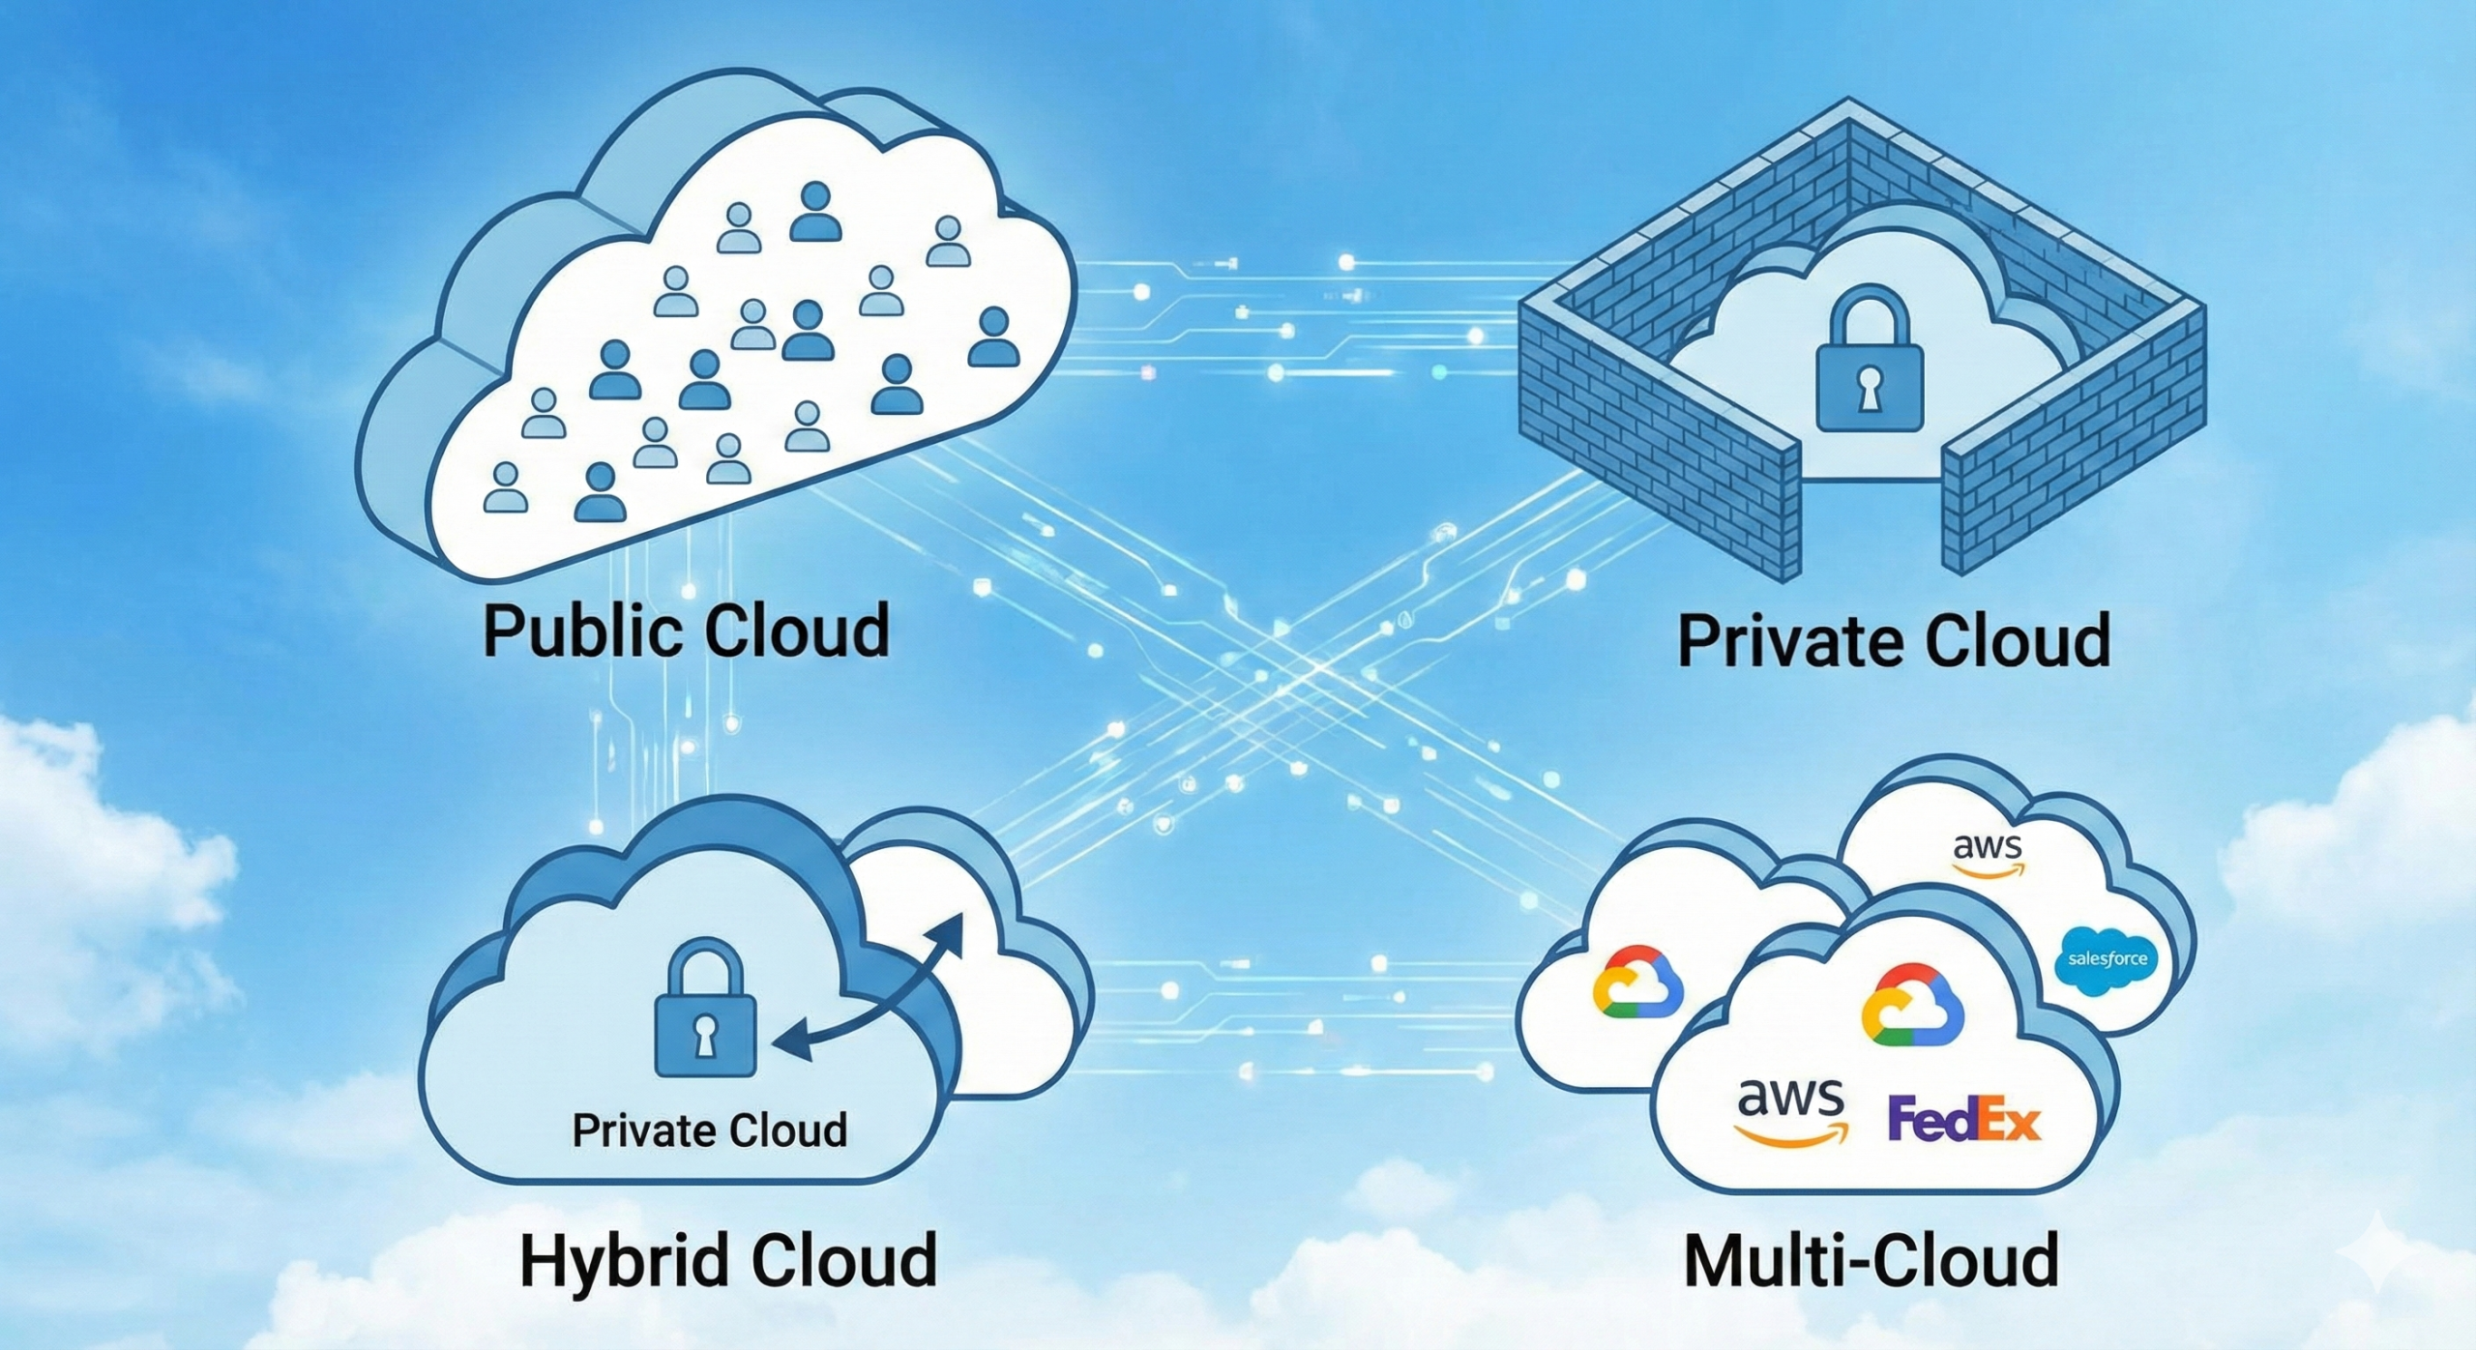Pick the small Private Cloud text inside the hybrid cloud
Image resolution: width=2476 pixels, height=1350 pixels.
point(709,1130)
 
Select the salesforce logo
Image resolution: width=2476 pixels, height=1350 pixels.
point(2107,959)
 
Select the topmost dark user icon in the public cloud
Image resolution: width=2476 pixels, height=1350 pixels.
point(815,213)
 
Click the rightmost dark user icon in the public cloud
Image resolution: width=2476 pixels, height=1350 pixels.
point(993,337)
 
